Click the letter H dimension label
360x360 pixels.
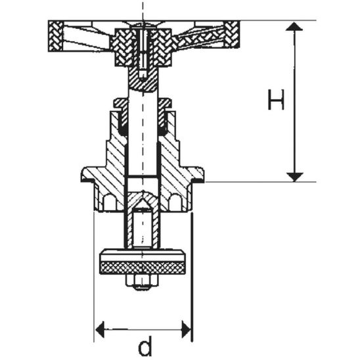(x=277, y=101)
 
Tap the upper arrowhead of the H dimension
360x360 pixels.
(x=296, y=27)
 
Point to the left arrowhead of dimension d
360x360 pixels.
(x=101, y=326)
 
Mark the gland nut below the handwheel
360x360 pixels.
(x=143, y=103)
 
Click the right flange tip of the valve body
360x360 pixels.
(x=199, y=175)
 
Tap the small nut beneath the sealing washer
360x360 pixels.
(x=143, y=284)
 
